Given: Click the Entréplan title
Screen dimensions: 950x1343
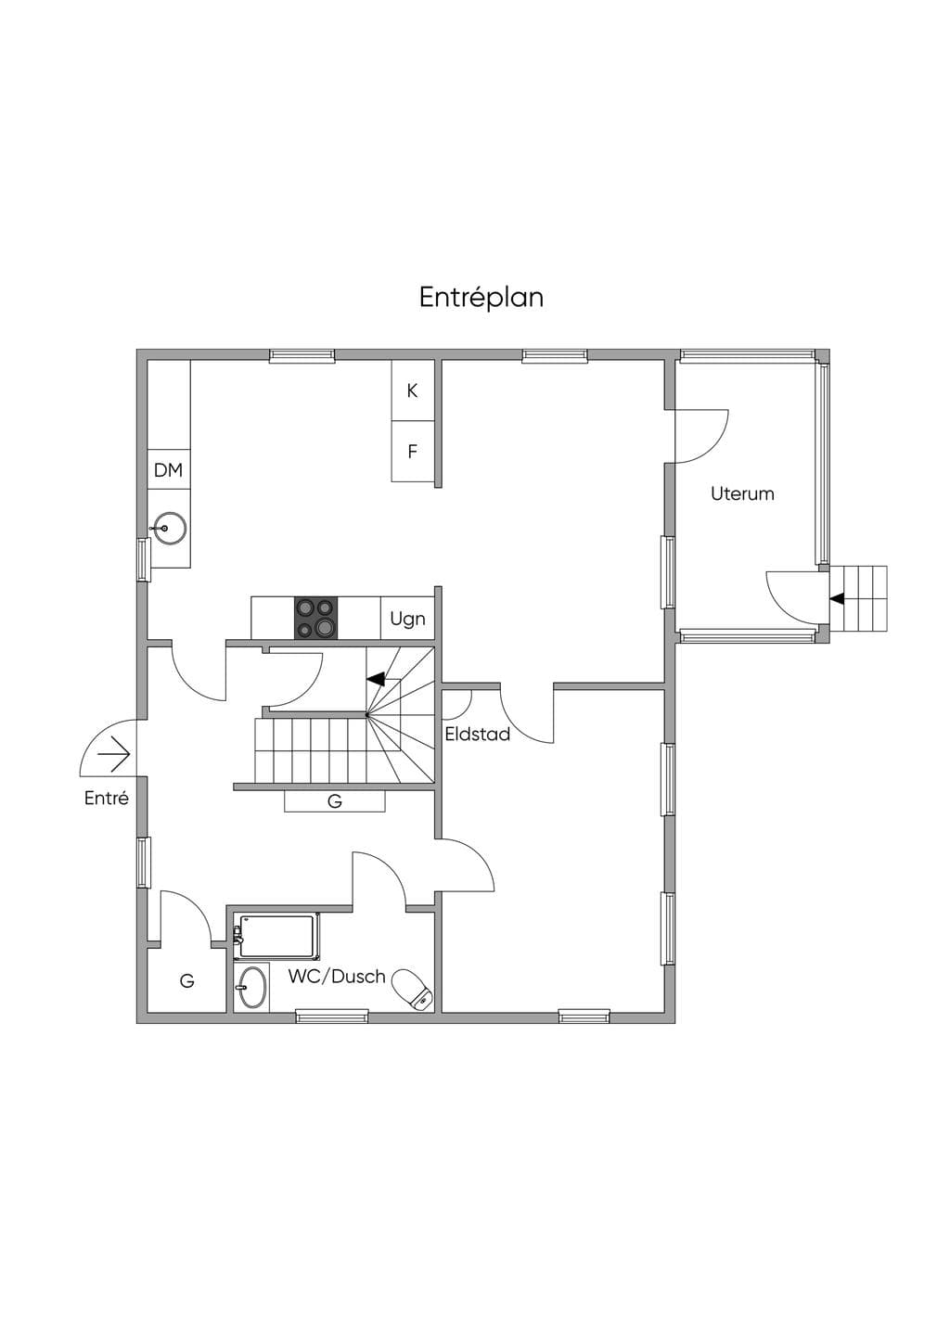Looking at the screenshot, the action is [481, 298].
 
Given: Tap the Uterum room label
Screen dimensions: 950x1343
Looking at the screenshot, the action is [742, 494].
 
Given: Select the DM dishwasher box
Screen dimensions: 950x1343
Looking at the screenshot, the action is [169, 469].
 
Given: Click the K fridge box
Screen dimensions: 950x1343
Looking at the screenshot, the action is [413, 390].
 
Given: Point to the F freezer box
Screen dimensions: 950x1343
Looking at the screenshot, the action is [413, 451].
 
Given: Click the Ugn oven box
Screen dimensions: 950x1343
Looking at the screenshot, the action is [408, 618].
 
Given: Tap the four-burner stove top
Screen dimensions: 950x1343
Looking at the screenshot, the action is [315, 618].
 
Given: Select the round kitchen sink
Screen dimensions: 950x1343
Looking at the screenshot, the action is [169, 529].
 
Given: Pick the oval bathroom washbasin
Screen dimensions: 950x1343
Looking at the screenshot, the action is [251, 987].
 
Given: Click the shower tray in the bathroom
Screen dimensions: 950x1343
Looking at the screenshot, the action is [276, 936].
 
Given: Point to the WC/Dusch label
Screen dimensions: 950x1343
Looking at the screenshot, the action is [337, 977].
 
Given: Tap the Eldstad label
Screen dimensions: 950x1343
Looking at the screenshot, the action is [478, 735].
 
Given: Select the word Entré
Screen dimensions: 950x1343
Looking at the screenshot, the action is [107, 798].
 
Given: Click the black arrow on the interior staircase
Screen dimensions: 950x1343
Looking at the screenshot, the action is [376, 679].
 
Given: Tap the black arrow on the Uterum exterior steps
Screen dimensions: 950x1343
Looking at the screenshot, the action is [837, 597].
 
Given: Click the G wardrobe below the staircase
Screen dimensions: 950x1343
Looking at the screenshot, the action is [335, 801].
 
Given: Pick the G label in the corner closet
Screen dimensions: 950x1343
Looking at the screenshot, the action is [187, 981].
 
